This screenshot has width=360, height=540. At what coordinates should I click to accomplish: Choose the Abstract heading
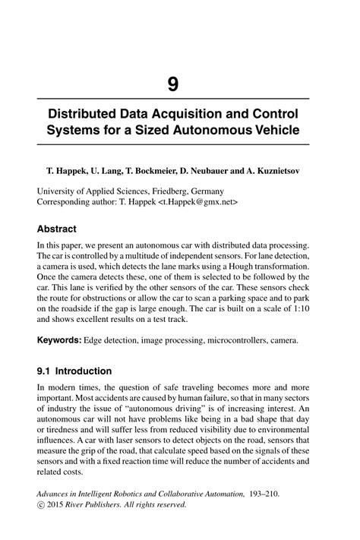click(x=57, y=228)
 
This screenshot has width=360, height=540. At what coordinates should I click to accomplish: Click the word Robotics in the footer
click(x=147, y=493)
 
